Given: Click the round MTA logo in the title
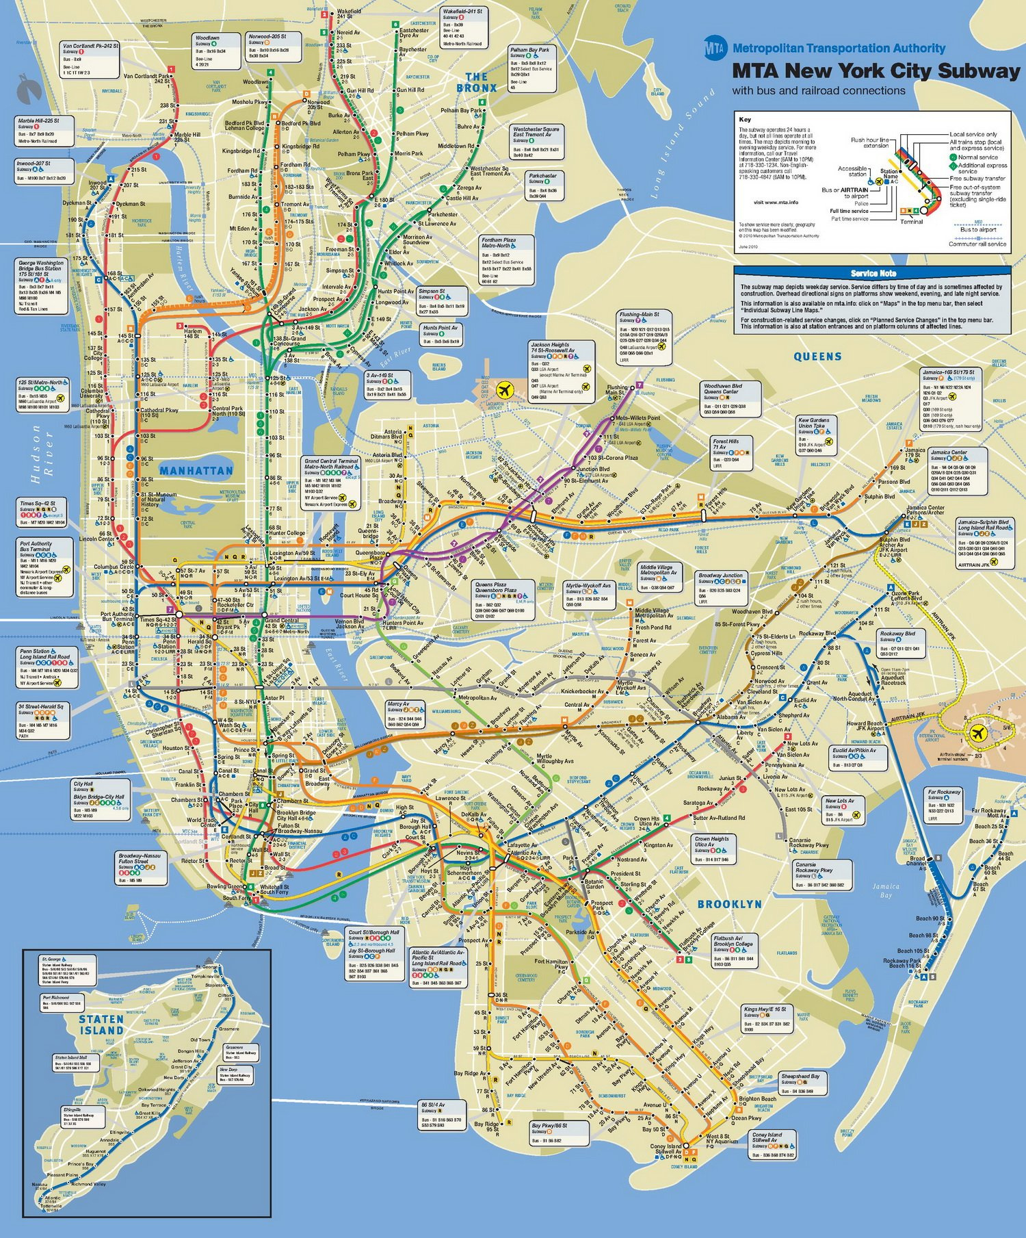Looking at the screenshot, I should [x=715, y=48].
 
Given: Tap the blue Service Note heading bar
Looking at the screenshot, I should [x=873, y=273].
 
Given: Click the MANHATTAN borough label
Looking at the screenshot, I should [x=196, y=471].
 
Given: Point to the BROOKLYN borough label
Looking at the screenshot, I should [x=729, y=904].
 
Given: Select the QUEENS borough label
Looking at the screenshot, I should [x=817, y=357].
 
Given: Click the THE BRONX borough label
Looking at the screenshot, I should [x=477, y=83].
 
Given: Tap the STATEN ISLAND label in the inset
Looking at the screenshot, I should [x=101, y=1024].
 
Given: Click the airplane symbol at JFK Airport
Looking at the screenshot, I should [x=979, y=733].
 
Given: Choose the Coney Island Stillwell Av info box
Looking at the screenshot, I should [x=773, y=1144].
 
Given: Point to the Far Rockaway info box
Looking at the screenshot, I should [x=946, y=805].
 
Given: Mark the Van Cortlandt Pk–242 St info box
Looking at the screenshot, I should [x=90, y=60].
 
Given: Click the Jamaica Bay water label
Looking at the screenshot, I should [x=886, y=890].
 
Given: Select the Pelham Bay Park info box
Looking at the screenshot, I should [x=531, y=68].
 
